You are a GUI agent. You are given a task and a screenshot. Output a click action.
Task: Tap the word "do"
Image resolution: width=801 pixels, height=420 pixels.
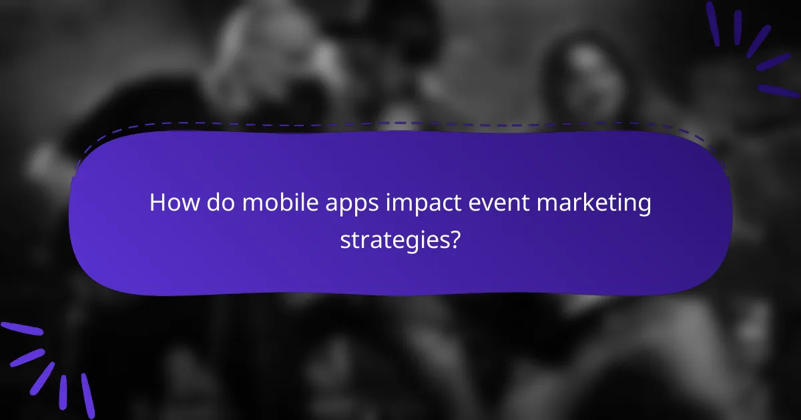[218, 203]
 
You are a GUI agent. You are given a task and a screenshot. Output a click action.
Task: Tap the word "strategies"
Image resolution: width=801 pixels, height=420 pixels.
[392, 240]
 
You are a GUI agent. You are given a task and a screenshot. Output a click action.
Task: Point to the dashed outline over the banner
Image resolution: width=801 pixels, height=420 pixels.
[400, 124]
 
